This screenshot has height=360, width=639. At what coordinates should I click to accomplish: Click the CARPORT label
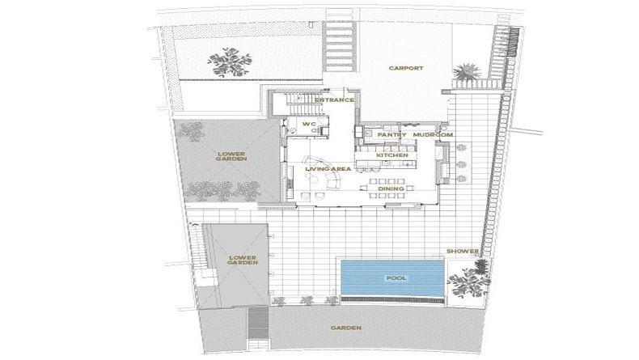tap(406, 68)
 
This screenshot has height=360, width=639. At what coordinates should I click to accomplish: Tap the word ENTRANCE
tap(334, 100)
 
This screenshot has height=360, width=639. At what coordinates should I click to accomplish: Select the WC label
tap(309, 124)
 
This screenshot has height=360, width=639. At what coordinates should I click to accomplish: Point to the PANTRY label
tap(391, 134)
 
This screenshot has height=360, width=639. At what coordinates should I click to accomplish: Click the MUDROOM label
tap(433, 134)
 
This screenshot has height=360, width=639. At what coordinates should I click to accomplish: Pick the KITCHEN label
tap(392, 155)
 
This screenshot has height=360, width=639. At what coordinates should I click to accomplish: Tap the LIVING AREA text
tap(328, 169)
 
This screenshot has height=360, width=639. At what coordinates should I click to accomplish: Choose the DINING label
tap(391, 188)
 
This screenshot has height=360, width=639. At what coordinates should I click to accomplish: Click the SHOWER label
tap(463, 251)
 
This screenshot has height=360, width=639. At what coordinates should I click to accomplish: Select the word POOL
tap(396, 278)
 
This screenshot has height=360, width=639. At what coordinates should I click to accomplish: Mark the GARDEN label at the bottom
tap(346, 328)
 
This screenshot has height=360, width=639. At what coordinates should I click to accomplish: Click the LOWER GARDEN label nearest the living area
tap(231, 157)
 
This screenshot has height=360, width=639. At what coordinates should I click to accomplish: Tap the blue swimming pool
tap(392, 277)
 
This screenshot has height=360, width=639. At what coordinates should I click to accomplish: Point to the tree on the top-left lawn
tap(229, 62)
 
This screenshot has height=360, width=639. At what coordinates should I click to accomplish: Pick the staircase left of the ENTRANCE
tap(301, 105)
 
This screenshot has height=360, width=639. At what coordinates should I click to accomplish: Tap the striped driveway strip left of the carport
tap(340, 45)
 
